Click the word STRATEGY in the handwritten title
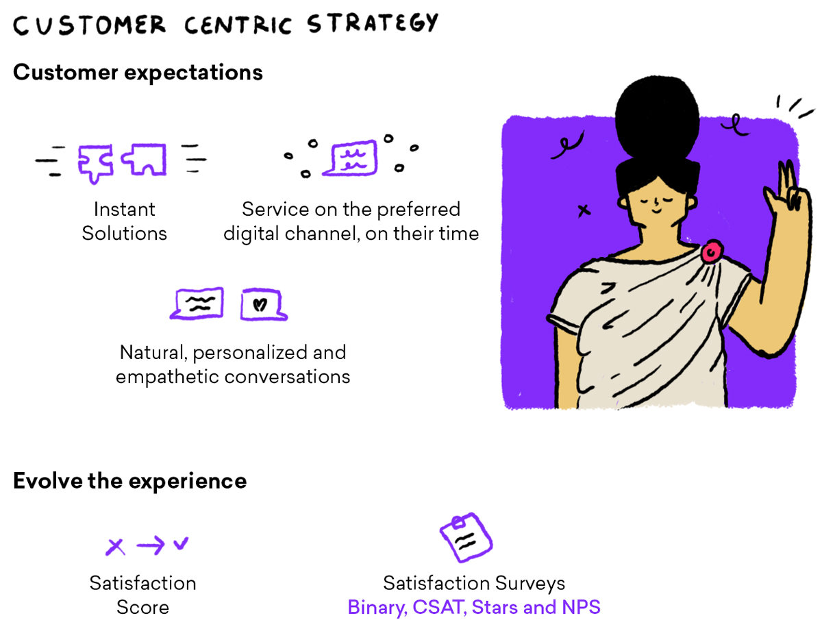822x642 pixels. [373, 23]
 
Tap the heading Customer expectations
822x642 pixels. [138, 73]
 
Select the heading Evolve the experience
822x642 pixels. [129, 481]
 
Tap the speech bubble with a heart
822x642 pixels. [264, 304]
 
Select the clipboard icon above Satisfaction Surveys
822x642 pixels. [466, 537]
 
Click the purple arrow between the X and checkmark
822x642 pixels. [151, 546]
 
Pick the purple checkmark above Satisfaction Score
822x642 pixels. [181, 543]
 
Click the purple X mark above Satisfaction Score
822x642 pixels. [115, 547]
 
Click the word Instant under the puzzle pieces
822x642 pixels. [125, 209]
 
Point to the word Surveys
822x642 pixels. [530, 584]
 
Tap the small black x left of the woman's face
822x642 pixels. [584, 210]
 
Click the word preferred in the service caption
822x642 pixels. [419, 210]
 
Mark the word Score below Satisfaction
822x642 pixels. [142, 608]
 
